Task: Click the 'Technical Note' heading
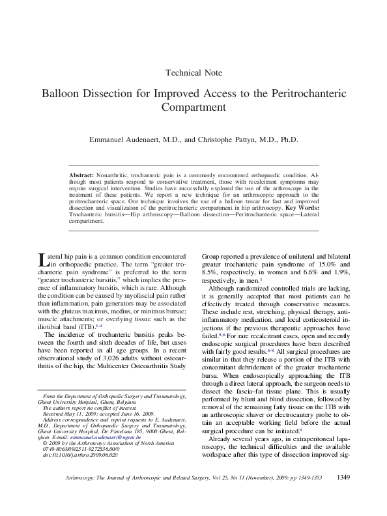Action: point(194,72)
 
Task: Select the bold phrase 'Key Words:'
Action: point(304,208)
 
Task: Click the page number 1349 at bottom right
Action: point(344,497)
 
